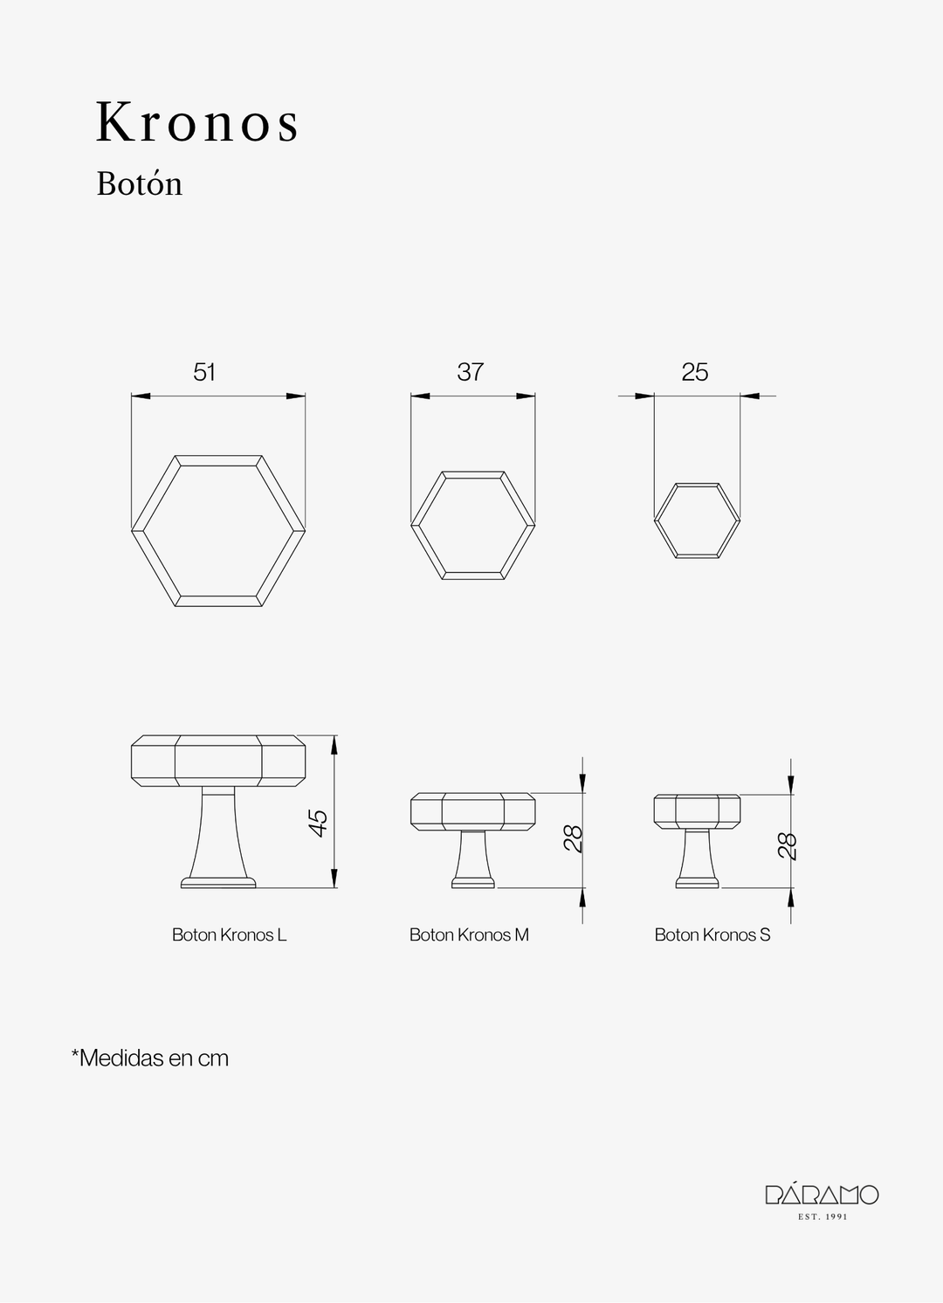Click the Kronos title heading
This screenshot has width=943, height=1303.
(x=197, y=122)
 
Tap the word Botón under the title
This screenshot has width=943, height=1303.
(x=139, y=183)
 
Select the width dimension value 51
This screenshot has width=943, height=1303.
(x=204, y=372)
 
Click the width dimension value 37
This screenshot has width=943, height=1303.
(x=470, y=372)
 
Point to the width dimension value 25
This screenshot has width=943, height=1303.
(x=695, y=372)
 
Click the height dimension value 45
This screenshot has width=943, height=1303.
(x=319, y=823)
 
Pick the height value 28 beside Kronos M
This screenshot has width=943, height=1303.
(x=574, y=838)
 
